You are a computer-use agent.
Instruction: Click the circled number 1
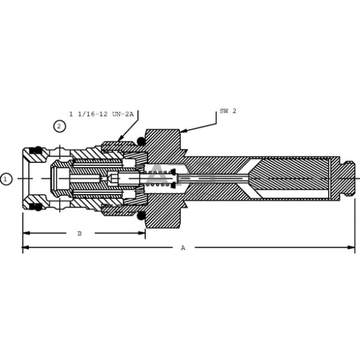6,179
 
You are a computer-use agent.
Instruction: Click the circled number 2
59,126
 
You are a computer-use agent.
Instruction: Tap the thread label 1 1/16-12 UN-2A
102,114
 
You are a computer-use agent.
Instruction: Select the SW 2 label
228,111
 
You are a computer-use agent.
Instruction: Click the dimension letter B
80,233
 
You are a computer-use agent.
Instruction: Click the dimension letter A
183,248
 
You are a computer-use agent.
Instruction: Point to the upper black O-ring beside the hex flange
141,141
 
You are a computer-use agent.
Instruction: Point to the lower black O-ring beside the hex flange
141,216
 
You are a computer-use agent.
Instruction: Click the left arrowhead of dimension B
26,233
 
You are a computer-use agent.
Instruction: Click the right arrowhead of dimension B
141,233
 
